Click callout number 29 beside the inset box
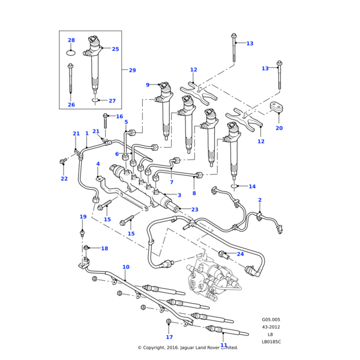132,70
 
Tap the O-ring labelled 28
71,52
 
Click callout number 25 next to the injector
115,49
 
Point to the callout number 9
148,85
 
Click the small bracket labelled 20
278,109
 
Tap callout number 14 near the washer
252,187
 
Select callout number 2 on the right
260,200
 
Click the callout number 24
240,254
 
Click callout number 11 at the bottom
224,345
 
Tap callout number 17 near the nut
169,337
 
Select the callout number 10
125,267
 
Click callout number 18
104,248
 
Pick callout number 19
83,217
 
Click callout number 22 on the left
64,179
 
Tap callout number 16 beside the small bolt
119,116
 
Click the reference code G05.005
271,320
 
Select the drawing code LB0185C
271,341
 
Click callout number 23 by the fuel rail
194,209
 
